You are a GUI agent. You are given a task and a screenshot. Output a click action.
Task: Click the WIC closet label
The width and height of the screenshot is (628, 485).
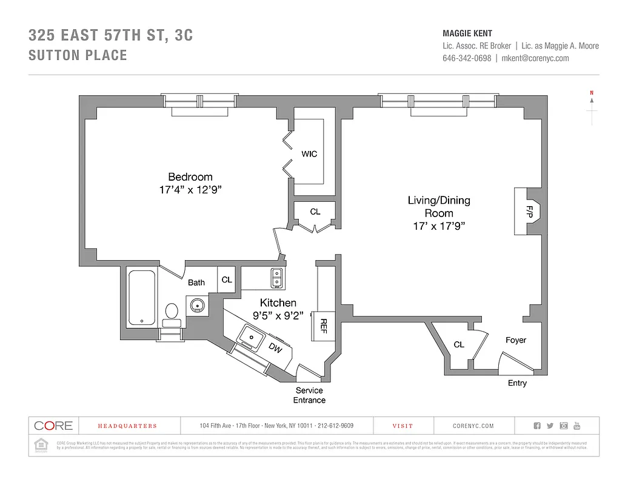coord(309,154)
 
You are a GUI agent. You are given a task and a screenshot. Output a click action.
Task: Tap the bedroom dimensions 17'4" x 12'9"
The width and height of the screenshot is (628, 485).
coord(190,190)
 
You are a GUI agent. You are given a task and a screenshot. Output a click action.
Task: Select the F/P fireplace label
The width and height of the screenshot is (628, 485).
coord(528,212)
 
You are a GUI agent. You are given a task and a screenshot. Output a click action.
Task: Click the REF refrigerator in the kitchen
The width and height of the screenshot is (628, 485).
coord(323,326)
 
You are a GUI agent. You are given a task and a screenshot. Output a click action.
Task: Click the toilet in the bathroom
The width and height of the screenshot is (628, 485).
coord(172,313)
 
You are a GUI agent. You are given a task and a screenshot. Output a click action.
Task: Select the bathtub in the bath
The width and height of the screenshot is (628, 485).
coord(142,298)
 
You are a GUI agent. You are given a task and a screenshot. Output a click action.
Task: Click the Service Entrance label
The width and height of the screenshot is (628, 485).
coord(309,395)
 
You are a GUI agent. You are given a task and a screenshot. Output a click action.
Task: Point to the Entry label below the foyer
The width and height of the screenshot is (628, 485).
coord(517,383)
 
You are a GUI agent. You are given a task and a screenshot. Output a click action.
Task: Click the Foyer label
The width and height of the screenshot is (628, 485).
coord(516,340)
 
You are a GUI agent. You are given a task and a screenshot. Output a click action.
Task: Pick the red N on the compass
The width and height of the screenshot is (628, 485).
coord(591,93)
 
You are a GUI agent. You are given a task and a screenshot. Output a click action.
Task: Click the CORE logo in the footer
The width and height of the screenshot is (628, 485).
coord(53,426)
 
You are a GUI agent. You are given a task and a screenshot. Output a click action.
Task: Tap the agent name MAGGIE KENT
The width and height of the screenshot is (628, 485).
coord(467,34)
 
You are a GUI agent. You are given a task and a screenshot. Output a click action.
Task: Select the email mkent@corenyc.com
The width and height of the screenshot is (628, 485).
coord(535,58)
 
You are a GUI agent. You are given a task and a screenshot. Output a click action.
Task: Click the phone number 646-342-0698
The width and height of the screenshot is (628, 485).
coord(467,58)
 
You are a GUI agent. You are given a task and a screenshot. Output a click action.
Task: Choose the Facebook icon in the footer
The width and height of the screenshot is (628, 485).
coord(536,426)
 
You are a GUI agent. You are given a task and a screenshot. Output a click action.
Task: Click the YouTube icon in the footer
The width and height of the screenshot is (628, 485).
coord(577,426)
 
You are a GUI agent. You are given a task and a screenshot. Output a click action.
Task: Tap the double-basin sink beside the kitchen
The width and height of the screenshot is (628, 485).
coord(277,278)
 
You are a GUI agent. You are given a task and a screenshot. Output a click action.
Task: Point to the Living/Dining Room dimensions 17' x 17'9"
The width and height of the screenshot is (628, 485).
coord(439,226)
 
